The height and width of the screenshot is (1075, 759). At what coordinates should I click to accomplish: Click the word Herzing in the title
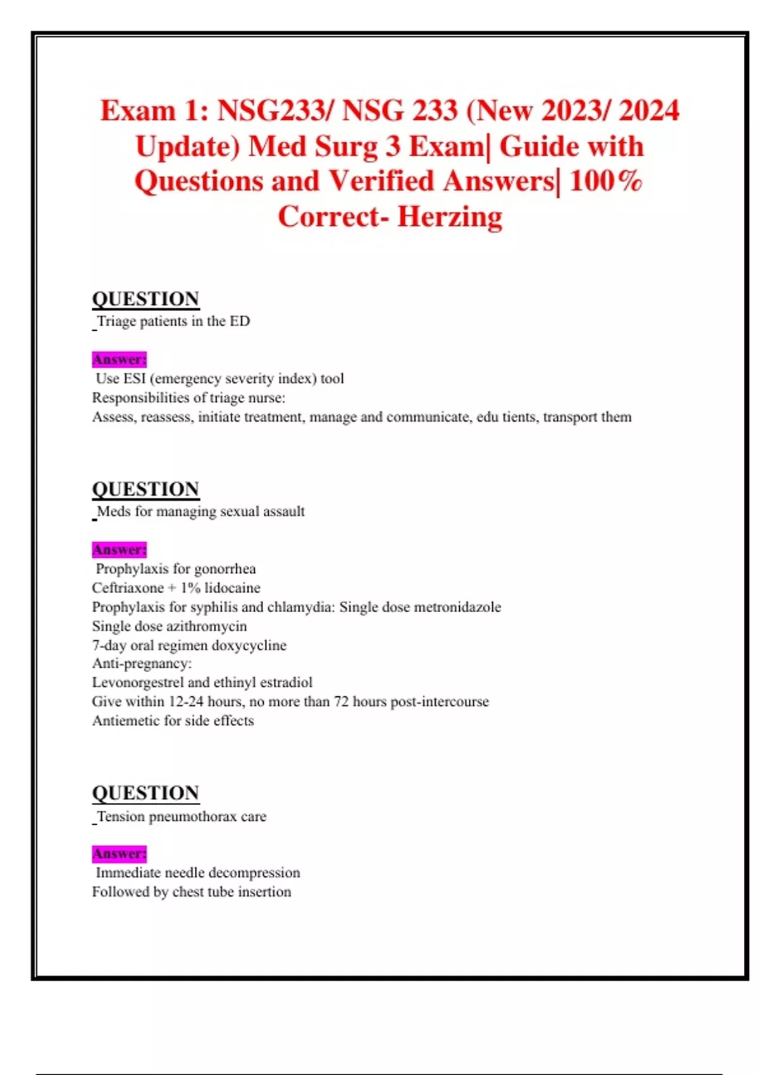(x=450, y=217)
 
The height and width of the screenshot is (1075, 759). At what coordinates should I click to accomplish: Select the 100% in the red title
(x=605, y=181)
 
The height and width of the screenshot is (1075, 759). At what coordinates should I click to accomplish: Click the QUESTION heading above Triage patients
(x=145, y=298)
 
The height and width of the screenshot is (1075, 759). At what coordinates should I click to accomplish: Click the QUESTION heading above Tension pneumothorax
(x=145, y=793)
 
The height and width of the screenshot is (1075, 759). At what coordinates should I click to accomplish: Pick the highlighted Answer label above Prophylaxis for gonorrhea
(x=119, y=550)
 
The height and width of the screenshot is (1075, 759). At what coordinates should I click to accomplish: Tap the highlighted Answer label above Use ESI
(x=119, y=359)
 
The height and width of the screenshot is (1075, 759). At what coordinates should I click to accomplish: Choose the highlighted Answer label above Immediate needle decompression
(x=119, y=854)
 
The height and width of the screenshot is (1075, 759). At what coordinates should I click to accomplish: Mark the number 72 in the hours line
(x=341, y=702)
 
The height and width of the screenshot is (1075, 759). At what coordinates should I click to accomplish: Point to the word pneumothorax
(x=192, y=816)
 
